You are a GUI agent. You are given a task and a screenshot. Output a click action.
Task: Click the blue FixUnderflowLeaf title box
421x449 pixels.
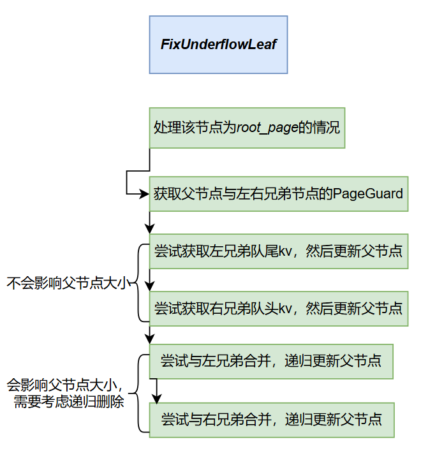click(218, 45)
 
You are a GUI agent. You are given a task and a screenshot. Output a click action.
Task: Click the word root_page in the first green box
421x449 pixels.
click(267, 128)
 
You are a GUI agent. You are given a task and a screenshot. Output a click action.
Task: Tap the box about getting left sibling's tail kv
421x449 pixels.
click(278, 251)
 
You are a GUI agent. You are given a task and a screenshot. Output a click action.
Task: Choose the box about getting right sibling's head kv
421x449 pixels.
click(278, 309)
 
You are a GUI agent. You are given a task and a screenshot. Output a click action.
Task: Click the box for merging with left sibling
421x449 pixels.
click(271, 361)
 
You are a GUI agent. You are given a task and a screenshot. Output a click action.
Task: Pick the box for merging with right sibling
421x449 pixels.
click(271, 420)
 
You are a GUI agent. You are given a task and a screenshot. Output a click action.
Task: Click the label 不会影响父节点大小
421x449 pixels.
click(68, 283)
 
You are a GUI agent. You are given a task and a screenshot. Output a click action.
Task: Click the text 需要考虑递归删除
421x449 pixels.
click(68, 402)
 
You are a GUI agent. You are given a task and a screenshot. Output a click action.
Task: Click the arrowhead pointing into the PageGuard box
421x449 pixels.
click(145, 194)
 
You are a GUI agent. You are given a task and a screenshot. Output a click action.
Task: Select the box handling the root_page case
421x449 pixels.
click(247, 128)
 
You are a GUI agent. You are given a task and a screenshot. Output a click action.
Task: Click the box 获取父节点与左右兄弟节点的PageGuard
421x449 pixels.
click(278, 193)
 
